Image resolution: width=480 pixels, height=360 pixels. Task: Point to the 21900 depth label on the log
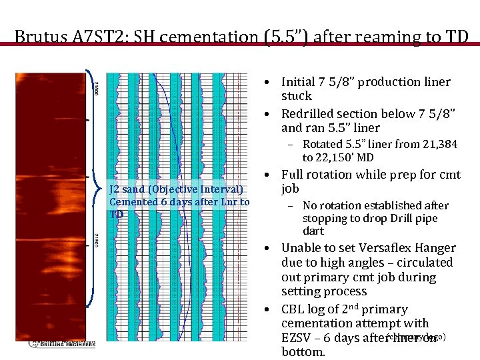[97, 239]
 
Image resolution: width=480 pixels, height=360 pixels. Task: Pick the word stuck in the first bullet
[296, 96]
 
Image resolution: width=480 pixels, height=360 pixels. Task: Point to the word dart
[313, 231]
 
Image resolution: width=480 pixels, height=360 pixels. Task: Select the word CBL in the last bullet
[294, 309]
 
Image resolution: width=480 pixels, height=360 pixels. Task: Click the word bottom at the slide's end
[303, 352]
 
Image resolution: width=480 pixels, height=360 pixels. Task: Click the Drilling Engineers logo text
[63, 343]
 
